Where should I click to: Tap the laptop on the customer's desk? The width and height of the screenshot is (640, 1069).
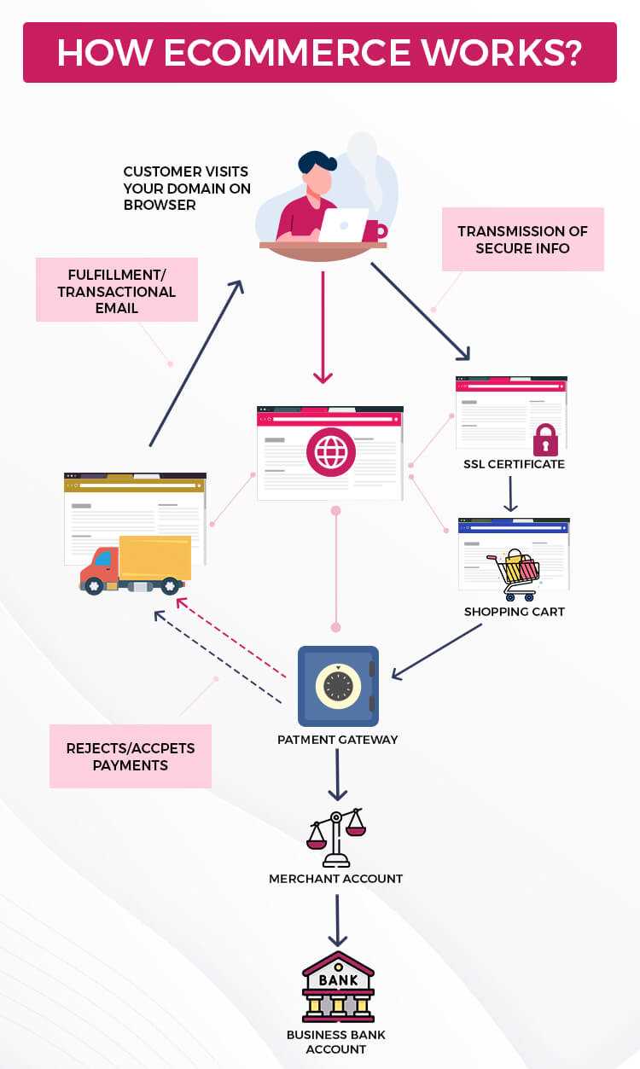click(x=342, y=224)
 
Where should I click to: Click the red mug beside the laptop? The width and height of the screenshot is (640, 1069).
click(x=373, y=230)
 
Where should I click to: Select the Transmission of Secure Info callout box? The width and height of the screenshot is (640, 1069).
click(x=522, y=239)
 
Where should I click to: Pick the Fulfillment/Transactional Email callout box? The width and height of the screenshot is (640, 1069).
click(x=117, y=291)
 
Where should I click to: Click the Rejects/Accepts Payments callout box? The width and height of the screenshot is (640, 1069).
click(x=131, y=757)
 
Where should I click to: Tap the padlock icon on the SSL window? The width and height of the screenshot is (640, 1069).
click(x=545, y=440)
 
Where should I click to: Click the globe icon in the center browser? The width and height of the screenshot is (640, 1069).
click(x=330, y=452)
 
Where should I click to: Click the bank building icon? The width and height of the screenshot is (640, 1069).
click(x=338, y=986)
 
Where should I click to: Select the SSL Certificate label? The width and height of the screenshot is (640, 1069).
click(x=514, y=465)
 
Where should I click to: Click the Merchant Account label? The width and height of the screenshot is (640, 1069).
click(x=336, y=879)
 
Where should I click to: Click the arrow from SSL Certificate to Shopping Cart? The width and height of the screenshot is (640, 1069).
click(x=510, y=494)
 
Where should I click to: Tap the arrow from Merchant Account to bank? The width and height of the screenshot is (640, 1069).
click(x=338, y=920)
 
